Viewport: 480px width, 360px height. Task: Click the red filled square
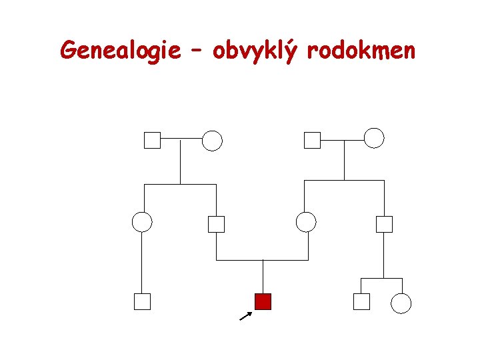[263, 301]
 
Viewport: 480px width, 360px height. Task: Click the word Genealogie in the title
[120, 49]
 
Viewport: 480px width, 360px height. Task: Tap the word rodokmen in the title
[361, 49]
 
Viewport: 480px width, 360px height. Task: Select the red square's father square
[216, 224]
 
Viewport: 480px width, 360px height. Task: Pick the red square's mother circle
[306, 221]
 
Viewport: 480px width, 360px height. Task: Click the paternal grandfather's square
[152, 140]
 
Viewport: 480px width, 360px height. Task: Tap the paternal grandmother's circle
[212, 140]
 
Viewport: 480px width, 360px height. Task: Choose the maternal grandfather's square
[312, 140]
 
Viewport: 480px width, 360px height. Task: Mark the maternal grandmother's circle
[374, 138]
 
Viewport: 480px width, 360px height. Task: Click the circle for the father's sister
[142, 221]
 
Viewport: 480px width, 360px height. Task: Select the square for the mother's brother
[384, 224]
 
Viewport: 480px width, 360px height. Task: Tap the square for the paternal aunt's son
[142, 302]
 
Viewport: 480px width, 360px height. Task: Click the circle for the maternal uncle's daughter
[401, 303]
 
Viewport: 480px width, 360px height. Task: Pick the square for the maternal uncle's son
[361, 302]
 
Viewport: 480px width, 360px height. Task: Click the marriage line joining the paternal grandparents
[181, 139]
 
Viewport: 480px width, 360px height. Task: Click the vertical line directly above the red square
[263, 276]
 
